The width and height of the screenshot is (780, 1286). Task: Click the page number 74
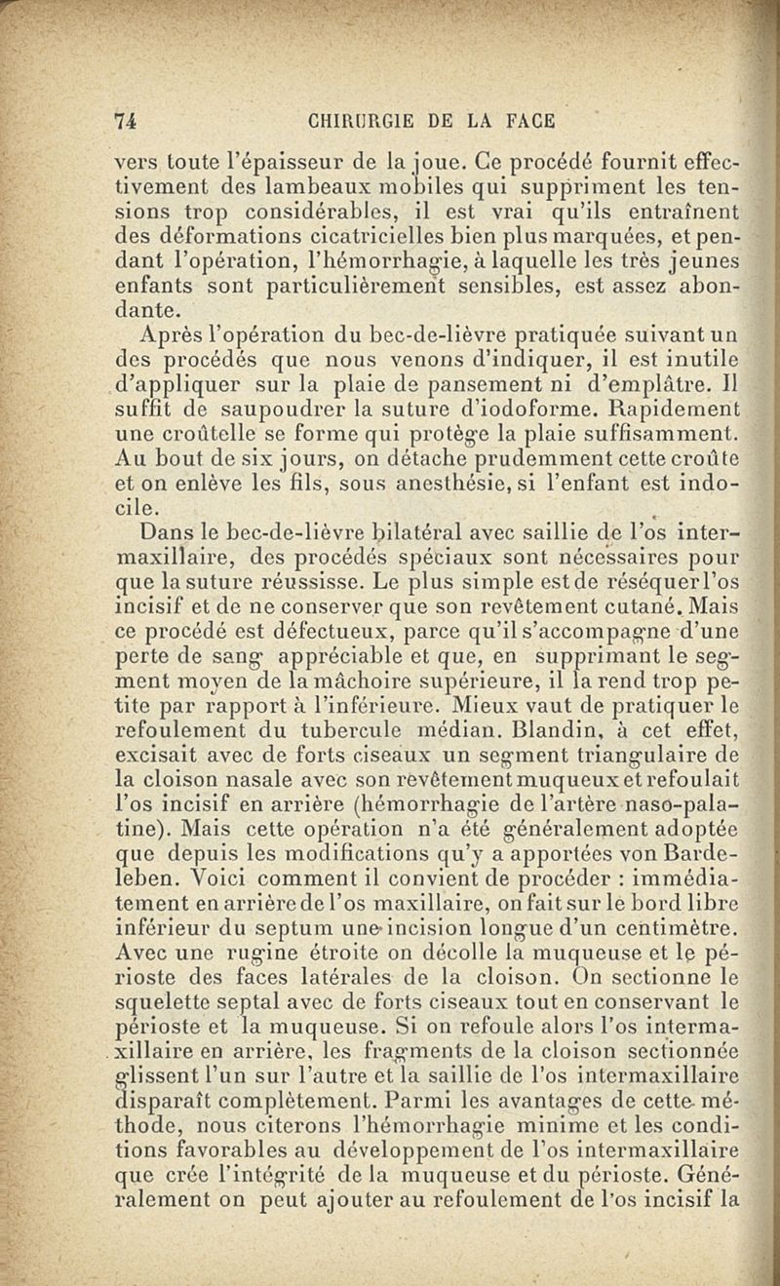pos(124,122)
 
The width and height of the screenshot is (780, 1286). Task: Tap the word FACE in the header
pos(530,122)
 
